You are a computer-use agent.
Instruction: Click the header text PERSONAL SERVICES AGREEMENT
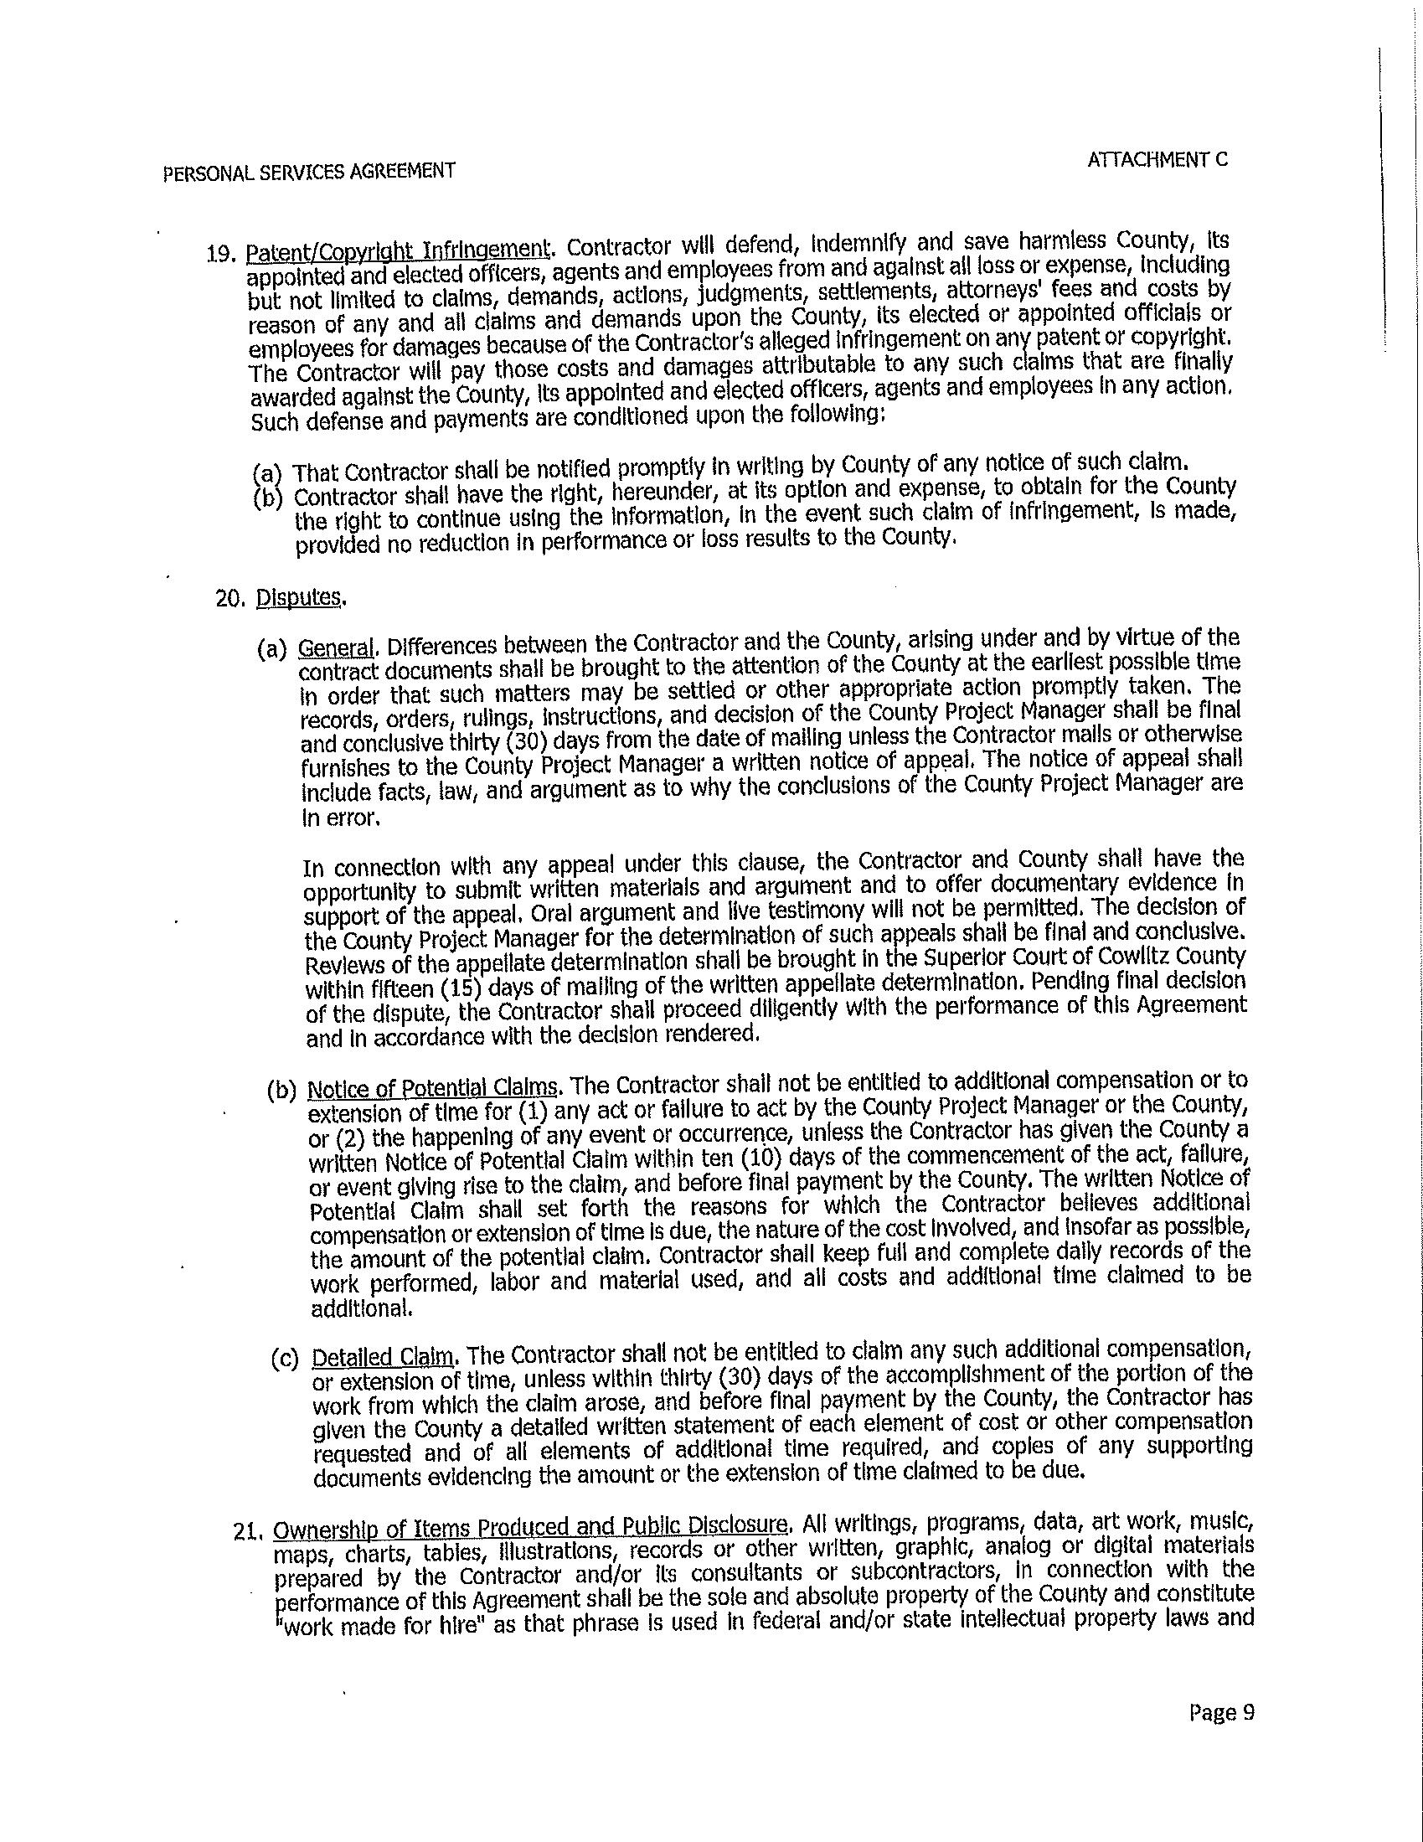coord(309,171)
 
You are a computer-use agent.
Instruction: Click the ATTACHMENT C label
coord(1157,159)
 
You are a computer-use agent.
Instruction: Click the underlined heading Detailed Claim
coord(384,1358)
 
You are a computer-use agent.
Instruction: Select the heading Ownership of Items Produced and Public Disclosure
coord(532,1527)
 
